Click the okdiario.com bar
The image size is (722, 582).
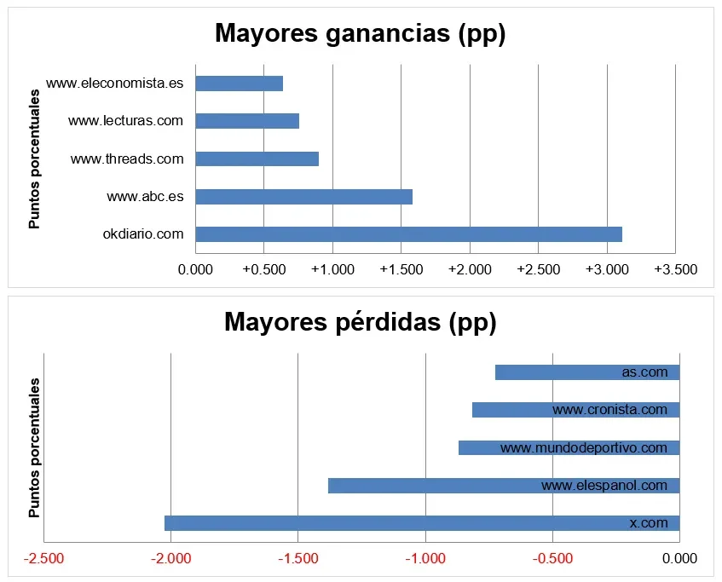click(409, 234)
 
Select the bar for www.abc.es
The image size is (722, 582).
click(304, 197)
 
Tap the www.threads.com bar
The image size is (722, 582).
click(257, 158)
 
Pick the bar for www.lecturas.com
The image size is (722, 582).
click(247, 121)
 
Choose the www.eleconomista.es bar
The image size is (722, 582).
click(239, 84)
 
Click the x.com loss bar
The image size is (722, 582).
click(422, 523)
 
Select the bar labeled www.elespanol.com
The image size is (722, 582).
click(504, 486)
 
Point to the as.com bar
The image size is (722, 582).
click(587, 372)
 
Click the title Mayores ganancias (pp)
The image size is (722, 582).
click(360, 34)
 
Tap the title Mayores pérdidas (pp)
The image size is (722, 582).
click(360, 322)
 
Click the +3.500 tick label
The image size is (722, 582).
click(675, 269)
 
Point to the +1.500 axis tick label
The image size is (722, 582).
click(401, 269)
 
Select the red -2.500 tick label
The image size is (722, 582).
click(43, 558)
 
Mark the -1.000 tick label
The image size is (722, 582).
click(425, 558)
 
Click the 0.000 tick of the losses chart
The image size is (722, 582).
click(679, 558)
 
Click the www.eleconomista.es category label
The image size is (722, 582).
click(115, 84)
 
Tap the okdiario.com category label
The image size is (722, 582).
click(143, 234)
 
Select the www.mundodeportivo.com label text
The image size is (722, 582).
click(584, 447)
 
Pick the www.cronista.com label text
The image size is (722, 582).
click(610, 409)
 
